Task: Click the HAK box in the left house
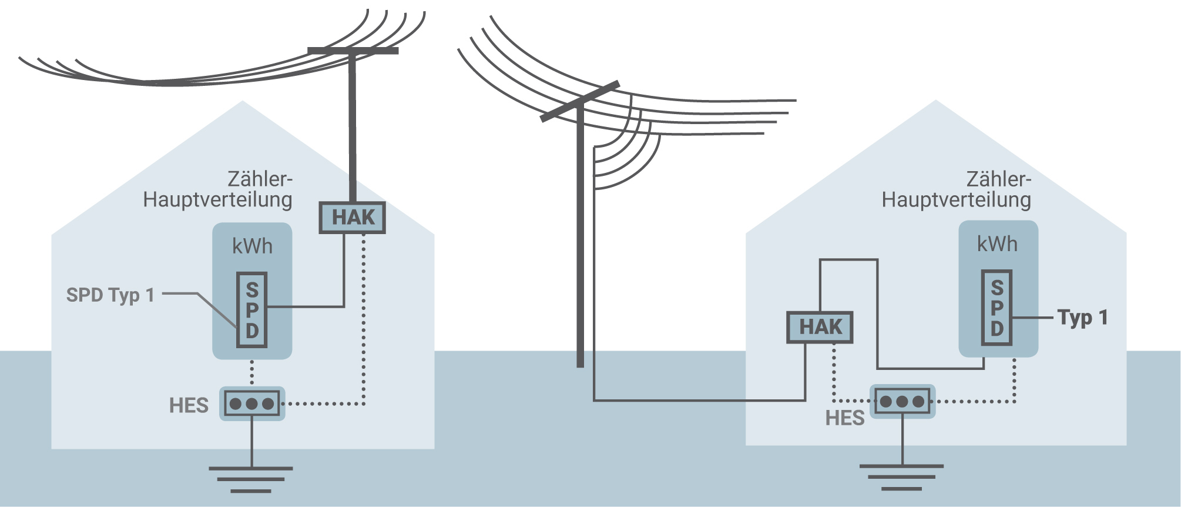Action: click(352, 218)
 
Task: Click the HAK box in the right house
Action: click(820, 327)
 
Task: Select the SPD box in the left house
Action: click(252, 310)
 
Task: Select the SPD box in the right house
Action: click(997, 308)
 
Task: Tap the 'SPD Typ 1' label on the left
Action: click(110, 295)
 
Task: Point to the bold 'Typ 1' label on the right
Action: click(1082, 318)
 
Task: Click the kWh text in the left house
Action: click(252, 246)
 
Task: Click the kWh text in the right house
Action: click(997, 244)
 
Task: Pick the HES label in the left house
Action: click(189, 406)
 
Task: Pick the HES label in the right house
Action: click(844, 418)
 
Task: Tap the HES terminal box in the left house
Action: click(252, 403)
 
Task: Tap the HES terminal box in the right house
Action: click(902, 402)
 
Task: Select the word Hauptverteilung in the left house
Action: click(217, 199)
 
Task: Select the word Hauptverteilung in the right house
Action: click(956, 199)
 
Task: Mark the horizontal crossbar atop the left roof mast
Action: click(353, 51)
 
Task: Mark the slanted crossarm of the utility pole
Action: click(579, 101)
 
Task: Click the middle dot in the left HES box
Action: click(252, 403)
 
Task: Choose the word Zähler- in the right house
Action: click(998, 179)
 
